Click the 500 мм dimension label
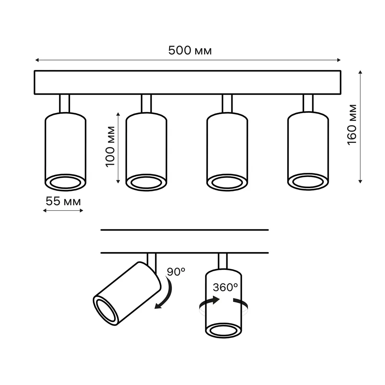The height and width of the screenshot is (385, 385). click(x=190, y=51)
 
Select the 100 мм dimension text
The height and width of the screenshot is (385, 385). click(x=111, y=146)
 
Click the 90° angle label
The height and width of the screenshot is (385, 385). click(x=176, y=272)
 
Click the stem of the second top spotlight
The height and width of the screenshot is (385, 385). click(x=146, y=104)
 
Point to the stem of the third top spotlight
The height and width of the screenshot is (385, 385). click(x=227, y=104)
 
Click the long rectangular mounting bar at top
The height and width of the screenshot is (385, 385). click(x=188, y=82)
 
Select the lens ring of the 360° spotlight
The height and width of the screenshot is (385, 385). click(x=223, y=330)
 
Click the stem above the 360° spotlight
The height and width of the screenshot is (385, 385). click(x=223, y=261)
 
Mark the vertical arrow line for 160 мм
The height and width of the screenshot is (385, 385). click(x=360, y=126)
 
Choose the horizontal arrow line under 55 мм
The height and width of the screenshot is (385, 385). click(x=63, y=211)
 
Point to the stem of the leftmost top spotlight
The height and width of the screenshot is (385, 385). click(x=65, y=104)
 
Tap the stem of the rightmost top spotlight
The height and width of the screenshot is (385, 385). click(x=308, y=104)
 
